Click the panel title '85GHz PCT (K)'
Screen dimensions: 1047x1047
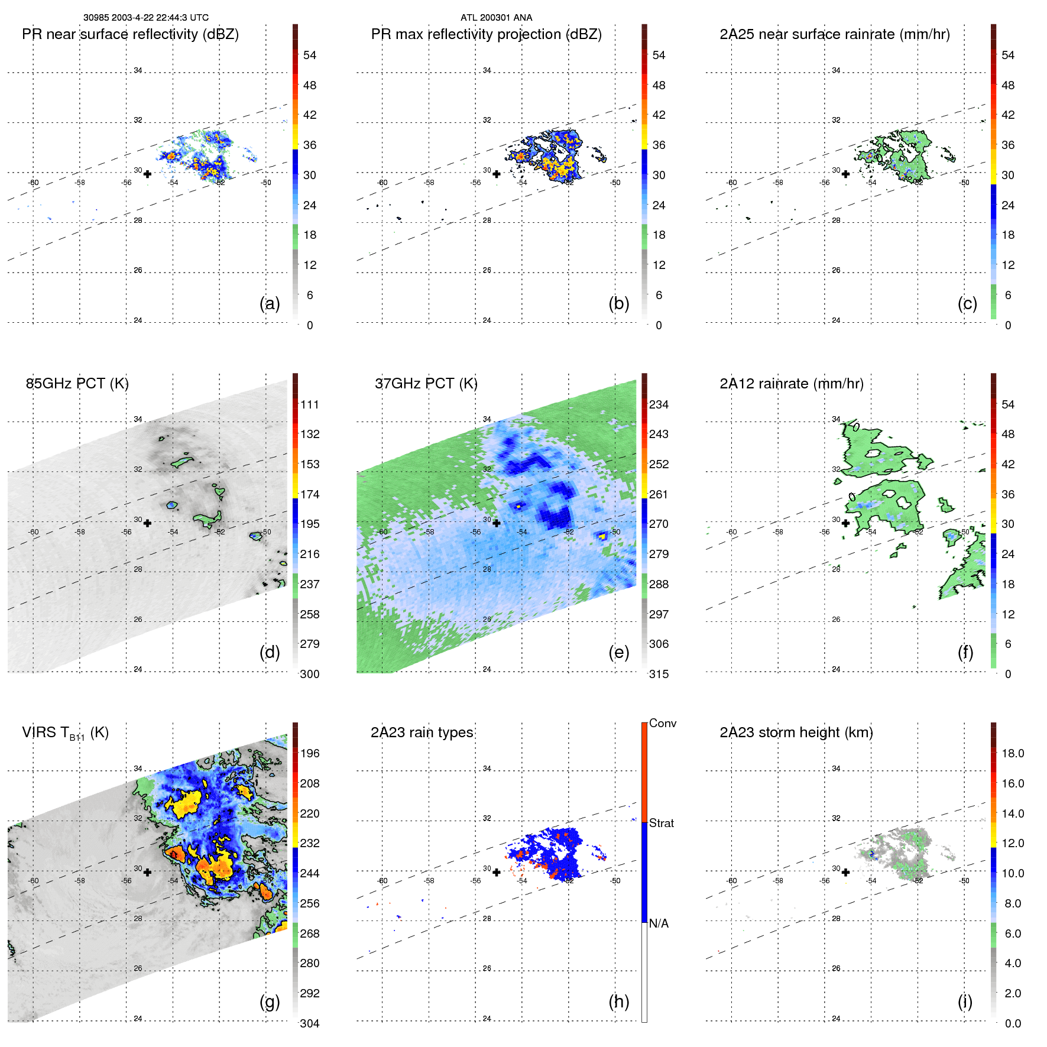77,384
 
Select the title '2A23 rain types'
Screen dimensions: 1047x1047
422,732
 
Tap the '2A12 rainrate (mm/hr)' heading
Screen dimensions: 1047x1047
791,384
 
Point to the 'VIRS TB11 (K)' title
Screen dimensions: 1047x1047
65,733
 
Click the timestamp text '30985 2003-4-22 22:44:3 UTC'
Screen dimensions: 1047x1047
145,18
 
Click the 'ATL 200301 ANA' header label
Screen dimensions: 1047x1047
496,18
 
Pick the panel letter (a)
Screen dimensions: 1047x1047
270,303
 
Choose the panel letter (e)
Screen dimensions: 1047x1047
618,652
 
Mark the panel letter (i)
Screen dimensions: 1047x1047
965,1001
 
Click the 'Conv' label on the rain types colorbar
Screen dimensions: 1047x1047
662,723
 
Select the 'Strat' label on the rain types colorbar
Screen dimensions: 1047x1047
661,823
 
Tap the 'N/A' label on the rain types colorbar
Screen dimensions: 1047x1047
659,923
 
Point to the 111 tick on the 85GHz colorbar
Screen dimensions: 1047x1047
310,404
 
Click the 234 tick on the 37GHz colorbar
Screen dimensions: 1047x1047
659,404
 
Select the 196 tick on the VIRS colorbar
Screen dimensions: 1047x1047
310,753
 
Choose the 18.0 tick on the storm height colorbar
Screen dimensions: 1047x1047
1012,753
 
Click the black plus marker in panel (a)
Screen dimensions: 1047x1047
147,174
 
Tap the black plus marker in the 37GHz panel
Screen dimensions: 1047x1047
497,523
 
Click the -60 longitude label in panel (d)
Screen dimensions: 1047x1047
34,532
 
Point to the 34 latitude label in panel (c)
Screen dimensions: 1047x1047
836,70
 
